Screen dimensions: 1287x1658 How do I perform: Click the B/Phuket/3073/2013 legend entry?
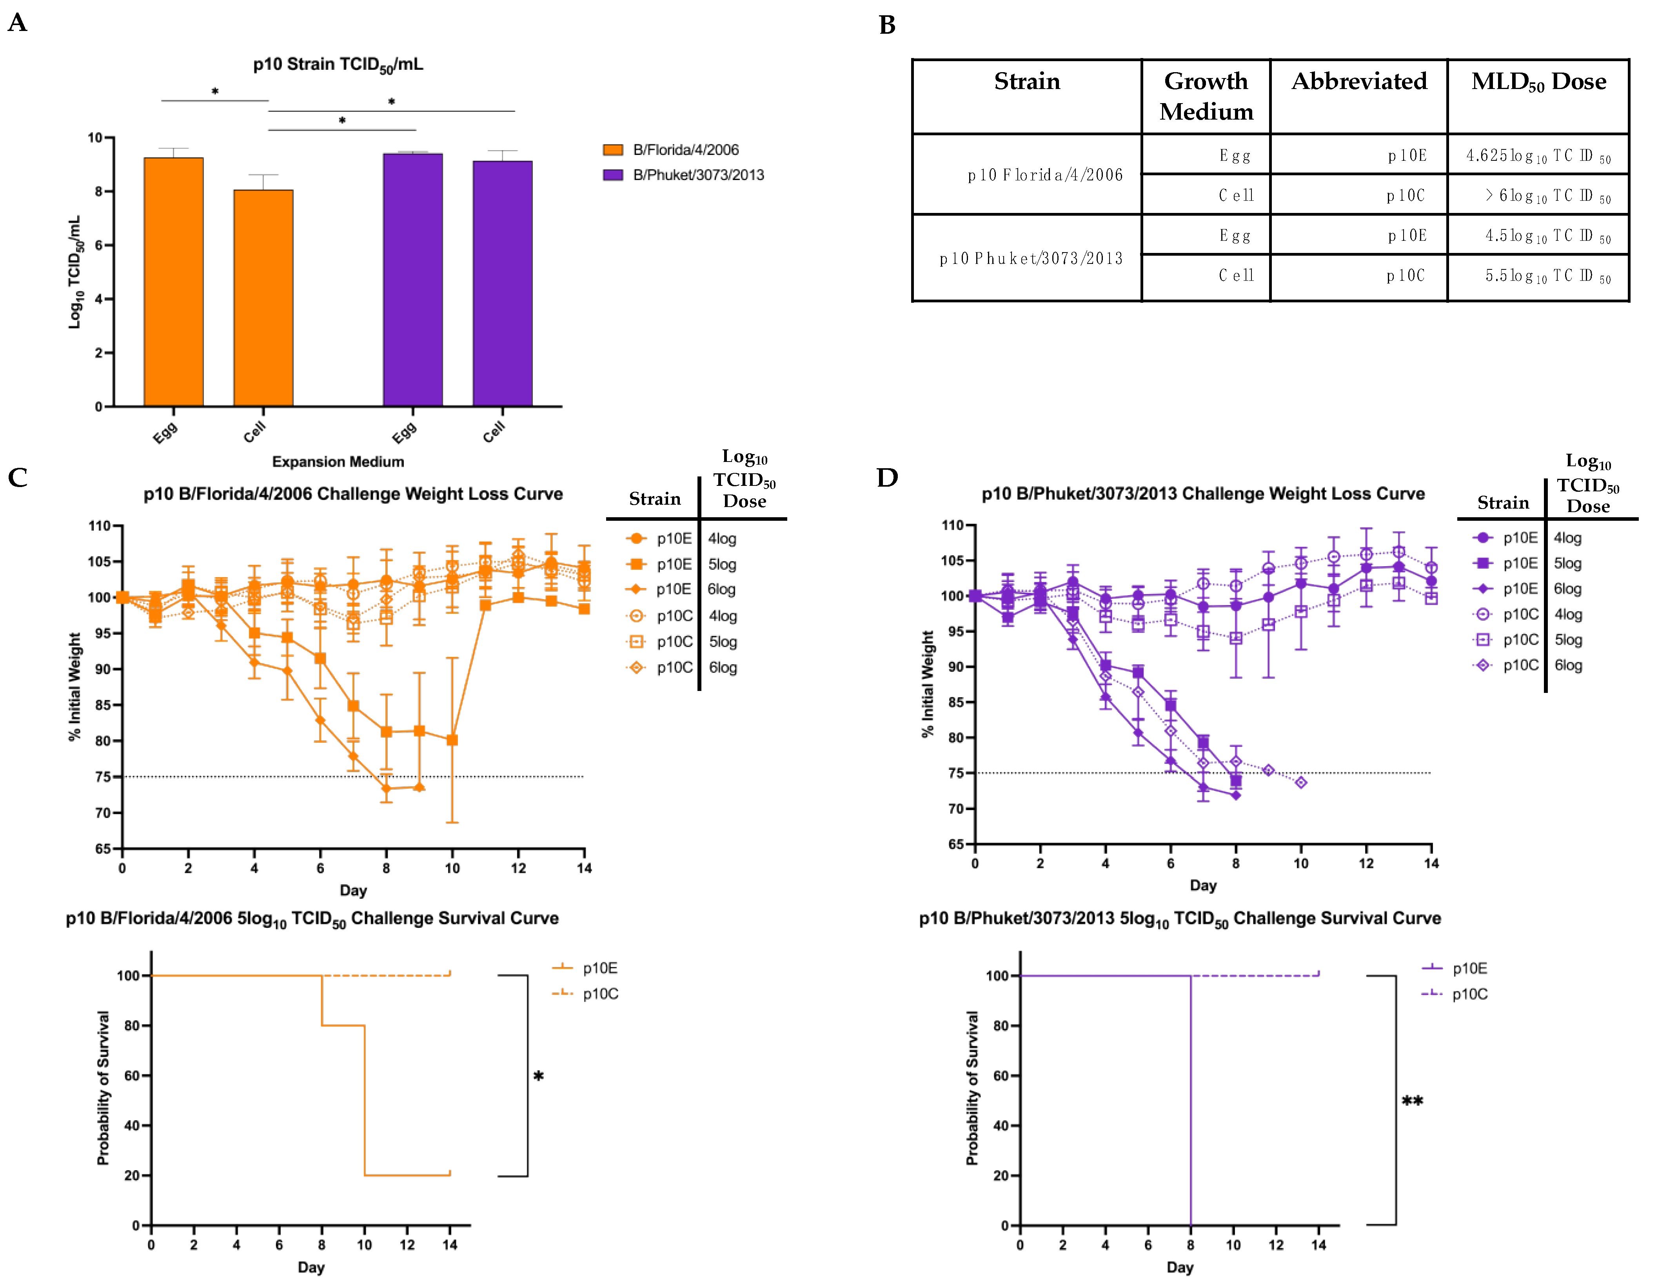click(x=698, y=175)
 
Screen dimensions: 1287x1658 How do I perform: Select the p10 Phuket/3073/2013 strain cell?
click(x=1030, y=258)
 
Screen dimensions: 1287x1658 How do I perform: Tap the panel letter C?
click(x=18, y=478)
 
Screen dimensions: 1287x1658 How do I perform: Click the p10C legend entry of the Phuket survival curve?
click(x=1469, y=994)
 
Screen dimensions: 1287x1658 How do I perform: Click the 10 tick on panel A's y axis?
click(x=95, y=137)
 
